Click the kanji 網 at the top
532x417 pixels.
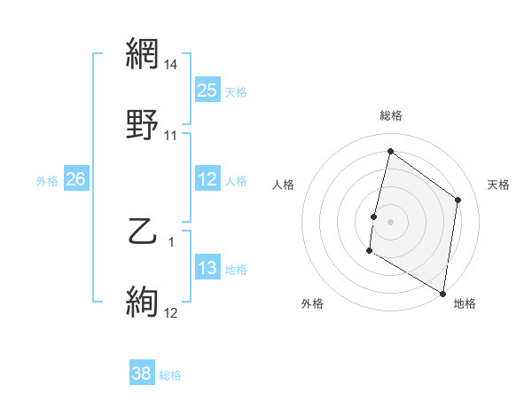coord(143,55)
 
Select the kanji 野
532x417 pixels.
coord(143,126)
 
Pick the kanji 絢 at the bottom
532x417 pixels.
coord(143,303)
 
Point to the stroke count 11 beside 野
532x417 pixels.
coord(171,136)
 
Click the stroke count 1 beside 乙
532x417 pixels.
coord(171,241)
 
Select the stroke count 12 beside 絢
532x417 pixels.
coord(171,312)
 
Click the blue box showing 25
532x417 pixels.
coord(207,90)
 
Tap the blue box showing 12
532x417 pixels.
coord(207,179)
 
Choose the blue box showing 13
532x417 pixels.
coord(207,268)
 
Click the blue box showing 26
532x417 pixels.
coord(76,179)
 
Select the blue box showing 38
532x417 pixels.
coord(142,374)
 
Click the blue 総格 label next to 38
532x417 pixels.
coord(170,375)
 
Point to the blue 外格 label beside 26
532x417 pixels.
coord(47,181)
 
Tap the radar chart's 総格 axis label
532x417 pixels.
coord(390,115)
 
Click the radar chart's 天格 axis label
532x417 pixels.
coord(498,185)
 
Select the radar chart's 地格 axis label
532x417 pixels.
coord(465,303)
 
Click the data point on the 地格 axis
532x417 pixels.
coord(442,293)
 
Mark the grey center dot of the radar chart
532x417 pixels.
coord(390,221)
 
